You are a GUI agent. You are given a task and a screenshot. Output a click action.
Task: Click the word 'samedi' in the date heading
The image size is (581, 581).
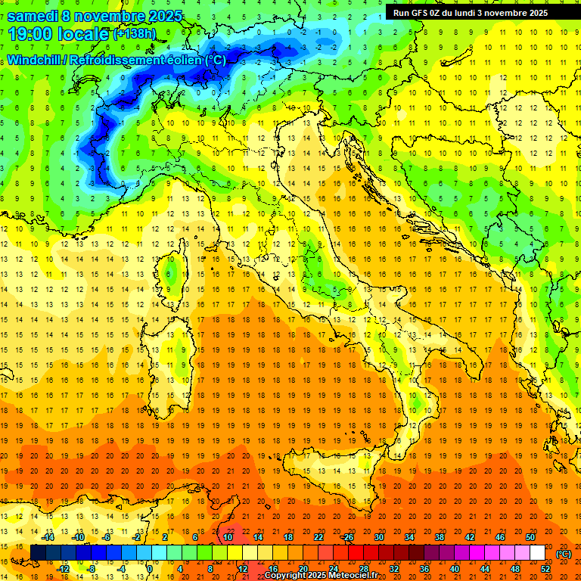36,16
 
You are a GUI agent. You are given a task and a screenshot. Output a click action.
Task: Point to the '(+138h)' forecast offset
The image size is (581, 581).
134,34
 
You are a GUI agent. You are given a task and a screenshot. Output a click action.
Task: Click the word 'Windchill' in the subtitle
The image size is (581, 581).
33,60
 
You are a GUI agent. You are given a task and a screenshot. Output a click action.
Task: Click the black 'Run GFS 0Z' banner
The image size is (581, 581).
477,13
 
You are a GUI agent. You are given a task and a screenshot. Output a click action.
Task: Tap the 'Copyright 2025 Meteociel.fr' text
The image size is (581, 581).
326,576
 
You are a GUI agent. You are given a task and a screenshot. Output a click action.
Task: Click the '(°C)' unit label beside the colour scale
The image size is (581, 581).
564,554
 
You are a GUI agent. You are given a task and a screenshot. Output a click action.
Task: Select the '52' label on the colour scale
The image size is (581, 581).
546,569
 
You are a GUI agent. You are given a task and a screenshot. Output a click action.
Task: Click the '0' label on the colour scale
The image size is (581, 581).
150,569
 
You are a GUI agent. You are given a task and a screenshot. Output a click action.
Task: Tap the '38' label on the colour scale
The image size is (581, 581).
439,537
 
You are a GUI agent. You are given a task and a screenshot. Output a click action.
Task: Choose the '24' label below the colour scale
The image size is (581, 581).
333,569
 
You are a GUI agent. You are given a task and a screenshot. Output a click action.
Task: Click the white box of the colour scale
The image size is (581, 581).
537,553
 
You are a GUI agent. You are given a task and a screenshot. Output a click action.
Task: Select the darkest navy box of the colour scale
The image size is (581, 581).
38,553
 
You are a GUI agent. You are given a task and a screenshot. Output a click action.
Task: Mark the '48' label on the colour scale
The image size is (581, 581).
515,569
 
